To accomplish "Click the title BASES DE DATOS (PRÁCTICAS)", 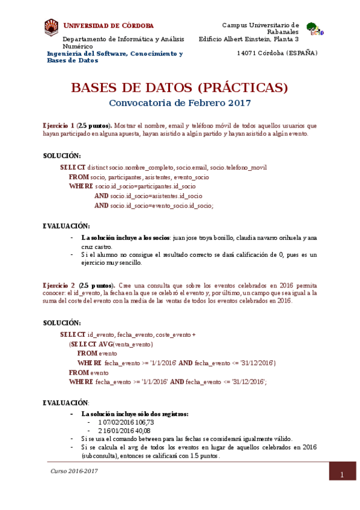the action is point(180,88).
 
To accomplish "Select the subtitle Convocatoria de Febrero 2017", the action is point(180,103).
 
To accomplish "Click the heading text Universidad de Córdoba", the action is point(109,26).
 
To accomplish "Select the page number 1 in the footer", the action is point(341,476).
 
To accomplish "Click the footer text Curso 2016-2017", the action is point(74,471).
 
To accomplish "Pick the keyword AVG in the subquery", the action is point(105,345).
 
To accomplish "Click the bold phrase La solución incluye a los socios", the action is point(126,238).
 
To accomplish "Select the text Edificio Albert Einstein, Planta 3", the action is point(249,40).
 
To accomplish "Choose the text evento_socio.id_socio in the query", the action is point(179,206).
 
